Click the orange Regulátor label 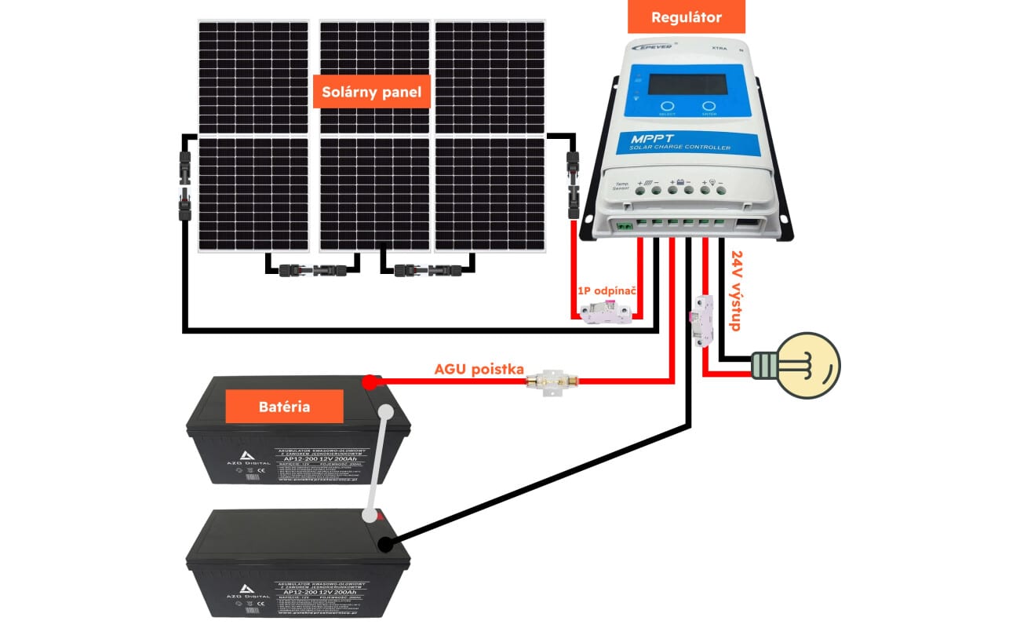[687, 16]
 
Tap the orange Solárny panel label [371, 92]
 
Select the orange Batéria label [284, 407]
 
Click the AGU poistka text [479, 369]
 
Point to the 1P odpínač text [606, 290]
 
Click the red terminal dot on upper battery [368, 383]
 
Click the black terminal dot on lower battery [385, 543]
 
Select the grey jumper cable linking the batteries [377, 463]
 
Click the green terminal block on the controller [625, 226]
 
